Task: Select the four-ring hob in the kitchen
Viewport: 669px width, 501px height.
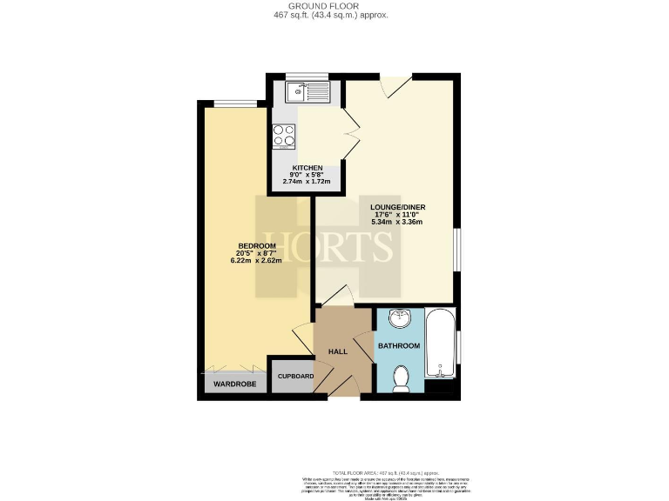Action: click(285, 137)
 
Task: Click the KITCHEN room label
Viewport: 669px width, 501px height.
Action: click(307, 167)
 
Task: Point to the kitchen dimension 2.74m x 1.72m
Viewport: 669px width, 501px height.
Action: click(307, 181)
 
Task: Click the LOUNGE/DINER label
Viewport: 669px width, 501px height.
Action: click(400, 207)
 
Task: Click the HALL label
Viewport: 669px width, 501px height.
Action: click(338, 351)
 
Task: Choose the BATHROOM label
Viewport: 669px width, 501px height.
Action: click(399, 346)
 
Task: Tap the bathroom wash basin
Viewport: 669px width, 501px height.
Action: click(400, 318)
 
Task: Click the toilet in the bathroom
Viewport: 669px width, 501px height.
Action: click(402, 378)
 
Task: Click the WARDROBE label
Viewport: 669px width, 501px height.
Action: click(233, 383)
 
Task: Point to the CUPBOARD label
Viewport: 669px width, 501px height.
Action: click(295, 376)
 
